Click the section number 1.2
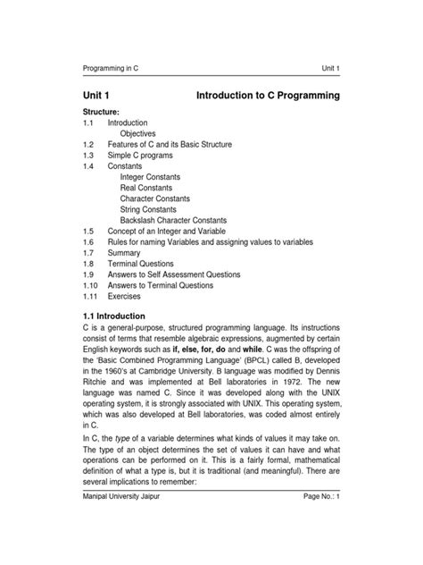coord(88,145)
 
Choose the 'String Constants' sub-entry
coord(152,209)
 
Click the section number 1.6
coord(88,242)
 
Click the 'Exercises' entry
coord(124,297)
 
